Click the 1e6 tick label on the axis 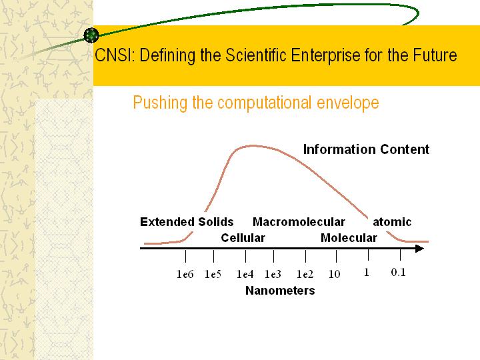[185, 274]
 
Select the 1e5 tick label [213, 274]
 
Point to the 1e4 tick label [245, 274]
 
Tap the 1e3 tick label [273, 274]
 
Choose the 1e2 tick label [305, 274]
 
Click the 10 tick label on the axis [334, 274]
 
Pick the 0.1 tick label [398, 272]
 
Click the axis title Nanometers [280, 291]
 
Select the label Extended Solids [187, 221]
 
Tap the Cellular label [243, 238]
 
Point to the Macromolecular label [299, 221]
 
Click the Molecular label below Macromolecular [349, 238]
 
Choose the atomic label [392, 221]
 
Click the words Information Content [366, 149]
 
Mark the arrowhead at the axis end [420, 248]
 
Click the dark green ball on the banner [91, 35]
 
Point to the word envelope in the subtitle [348, 103]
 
